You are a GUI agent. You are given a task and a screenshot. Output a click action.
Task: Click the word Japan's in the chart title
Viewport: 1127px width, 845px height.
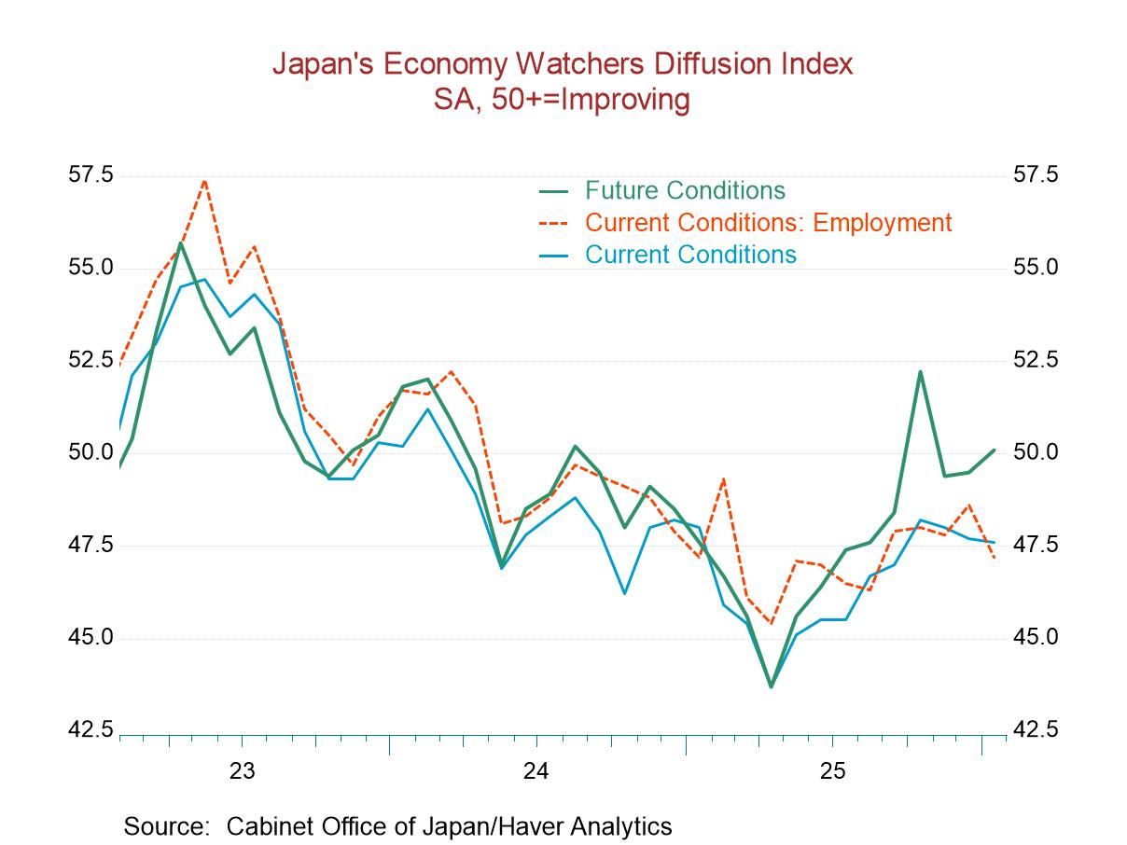pyautogui.click(x=323, y=64)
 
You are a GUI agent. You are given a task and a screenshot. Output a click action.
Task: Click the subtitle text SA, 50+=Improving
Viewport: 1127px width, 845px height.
pyautogui.click(x=562, y=100)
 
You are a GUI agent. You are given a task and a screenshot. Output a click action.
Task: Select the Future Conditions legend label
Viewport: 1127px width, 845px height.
pyautogui.click(x=685, y=190)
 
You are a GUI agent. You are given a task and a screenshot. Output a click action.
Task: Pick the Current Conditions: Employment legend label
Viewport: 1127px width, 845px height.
pyautogui.click(x=768, y=223)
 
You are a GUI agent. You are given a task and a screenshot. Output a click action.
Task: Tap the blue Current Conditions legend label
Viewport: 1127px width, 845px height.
pyautogui.click(x=690, y=255)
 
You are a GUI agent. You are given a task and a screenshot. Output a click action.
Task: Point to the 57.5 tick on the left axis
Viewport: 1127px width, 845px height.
pyautogui.click(x=90, y=175)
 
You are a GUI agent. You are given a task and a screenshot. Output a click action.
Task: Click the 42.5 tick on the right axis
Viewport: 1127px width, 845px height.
pyautogui.click(x=1036, y=730)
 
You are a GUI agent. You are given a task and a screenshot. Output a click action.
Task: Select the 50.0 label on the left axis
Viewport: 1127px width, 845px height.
pyautogui.click(x=90, y=452)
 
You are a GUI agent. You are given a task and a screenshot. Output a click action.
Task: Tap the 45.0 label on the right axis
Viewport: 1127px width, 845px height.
pyautogui.click(x=1036, y=638)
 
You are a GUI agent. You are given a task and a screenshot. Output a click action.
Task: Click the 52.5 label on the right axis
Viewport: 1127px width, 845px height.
pyautogui.click(x=1036, y=360)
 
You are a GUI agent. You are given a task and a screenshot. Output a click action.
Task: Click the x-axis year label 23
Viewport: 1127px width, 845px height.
pyautogui.click(x=242, y=771)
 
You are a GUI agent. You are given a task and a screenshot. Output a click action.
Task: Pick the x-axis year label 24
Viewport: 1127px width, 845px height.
pyautogui.click(x=536, y=771)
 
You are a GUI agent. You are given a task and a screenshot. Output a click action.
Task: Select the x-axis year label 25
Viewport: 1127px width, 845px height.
pyautogui.click(x=832, y=771)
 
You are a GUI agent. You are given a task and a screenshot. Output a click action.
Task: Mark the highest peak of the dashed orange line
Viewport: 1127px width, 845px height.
pyautogui.click(x=204, y=181)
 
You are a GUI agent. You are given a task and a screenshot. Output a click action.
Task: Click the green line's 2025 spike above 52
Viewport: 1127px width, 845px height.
pyautogui.click(x=920, y=371)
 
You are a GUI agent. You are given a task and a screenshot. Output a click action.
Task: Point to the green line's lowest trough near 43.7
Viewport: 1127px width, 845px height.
pyautogui.click(x=771, y=686)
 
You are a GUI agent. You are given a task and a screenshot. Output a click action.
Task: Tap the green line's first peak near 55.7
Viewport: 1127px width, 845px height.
pyautogui.click(x=180, y=243)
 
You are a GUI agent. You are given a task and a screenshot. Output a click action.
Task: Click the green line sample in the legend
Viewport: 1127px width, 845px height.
pyautogui.click(x=554, y=191)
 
